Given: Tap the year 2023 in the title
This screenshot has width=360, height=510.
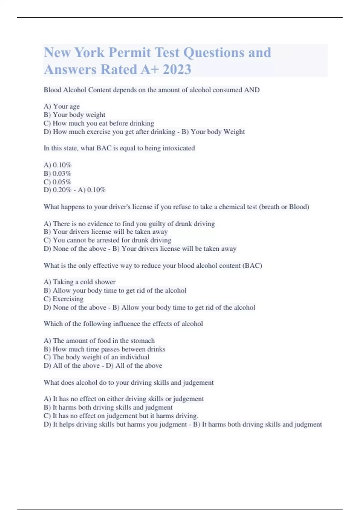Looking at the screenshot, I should [x=177, y=70].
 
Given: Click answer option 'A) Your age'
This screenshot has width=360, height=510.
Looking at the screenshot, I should [x=62, y=106].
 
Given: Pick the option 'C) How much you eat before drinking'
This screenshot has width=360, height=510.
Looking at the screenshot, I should [x=99, y=123].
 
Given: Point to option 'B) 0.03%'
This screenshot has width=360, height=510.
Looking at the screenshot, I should [x=57, y=173].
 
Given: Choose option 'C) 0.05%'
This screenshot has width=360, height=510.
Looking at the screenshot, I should [x=57, y=182].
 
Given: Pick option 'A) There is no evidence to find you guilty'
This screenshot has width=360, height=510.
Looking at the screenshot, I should [x=129, y=224].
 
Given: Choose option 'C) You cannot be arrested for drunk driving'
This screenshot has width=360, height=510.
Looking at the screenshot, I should [x=107, y=240].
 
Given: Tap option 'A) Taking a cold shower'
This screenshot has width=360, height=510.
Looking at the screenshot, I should [x=79, y=282].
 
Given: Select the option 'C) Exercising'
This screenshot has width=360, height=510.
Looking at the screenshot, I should [x=64, y=299].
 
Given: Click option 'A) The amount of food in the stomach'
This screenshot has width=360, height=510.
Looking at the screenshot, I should [x=99, y=341].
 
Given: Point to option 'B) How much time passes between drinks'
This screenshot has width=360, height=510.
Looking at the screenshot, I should [x=104, y=349].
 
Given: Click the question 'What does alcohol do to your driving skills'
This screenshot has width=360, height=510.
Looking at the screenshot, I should [x=129, y=382].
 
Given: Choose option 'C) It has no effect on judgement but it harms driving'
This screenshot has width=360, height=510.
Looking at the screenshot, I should [x=121, y=416].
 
